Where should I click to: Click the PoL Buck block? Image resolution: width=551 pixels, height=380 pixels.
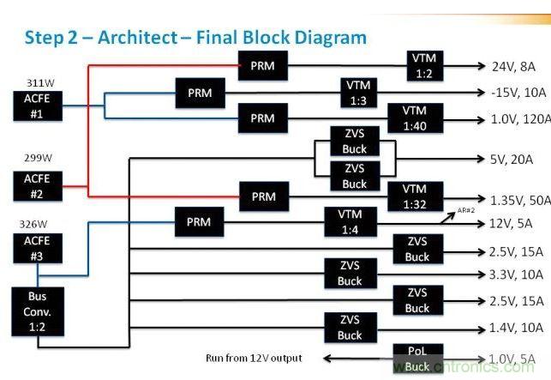417,358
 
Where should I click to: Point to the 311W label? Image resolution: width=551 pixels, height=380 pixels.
41,82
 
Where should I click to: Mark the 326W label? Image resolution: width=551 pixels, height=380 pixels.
34,220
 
